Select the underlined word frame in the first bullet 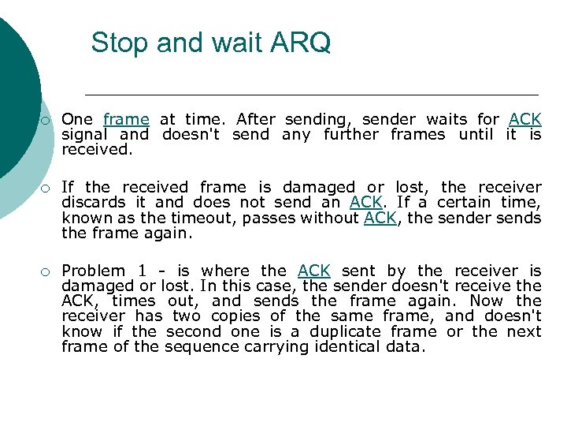pyautogui.click(x=126, y=120)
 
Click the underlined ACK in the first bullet pyautogui.click(x=525, y=120)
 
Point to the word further pyautogui.click(x=351, y=135)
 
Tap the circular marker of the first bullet pyautogui.click(x=46, y=121)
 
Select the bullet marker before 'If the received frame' pyautogui.click(x=46, y=188)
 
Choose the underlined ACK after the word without pyautogui.click(x=380, y=218)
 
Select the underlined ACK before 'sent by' pyautogui.click(x=314, y=271)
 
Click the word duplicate pyautogui.click(x=324, y=331)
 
